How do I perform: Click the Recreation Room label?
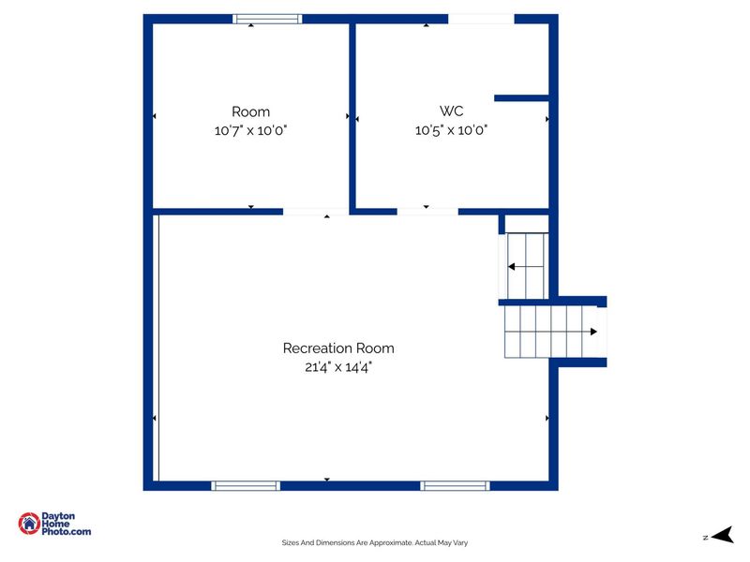click(338, 348)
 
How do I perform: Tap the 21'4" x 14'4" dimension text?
click(338, 367)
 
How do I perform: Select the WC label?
click(451, 111)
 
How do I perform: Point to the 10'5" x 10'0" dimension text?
click(451, 130)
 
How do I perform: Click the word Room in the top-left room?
click(250, 111)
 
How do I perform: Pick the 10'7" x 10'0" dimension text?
click(250, 130)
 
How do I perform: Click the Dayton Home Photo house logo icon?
click(29, 524)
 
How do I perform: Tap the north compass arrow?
click(723, 535)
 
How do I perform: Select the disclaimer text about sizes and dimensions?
click(374, 542)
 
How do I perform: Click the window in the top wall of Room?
click(267, 19)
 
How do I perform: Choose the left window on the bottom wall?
click(246, 485)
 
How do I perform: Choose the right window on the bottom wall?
click(455, 485)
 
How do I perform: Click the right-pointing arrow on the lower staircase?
click(593, 332)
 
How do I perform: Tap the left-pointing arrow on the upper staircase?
click(511, 266)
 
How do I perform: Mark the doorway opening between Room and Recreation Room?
click(316, 212)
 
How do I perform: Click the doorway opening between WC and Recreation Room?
click(427, 212)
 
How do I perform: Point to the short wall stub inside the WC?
click(521, 98)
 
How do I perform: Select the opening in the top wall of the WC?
click(481, 19)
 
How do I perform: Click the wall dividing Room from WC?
click(352, 116)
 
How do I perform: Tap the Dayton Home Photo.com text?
click(66, 524)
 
